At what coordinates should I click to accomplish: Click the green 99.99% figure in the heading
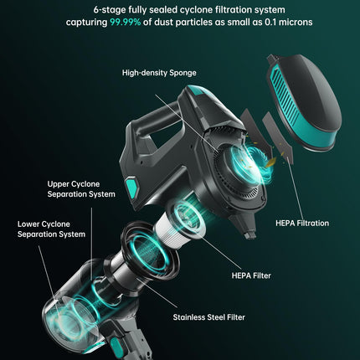coord(125,22)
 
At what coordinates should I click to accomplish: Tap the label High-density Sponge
coord(159,73)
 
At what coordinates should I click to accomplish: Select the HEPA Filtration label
coord(302,224)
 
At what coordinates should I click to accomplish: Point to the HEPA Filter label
coord(251,275)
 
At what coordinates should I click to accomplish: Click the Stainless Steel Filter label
coord(209,317)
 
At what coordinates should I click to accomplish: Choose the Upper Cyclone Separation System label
coord(81,189)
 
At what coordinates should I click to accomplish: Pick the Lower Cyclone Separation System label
coord(51,229)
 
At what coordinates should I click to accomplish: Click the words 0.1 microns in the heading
coord(289,22)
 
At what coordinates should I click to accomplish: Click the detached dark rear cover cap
coord(304,102)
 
